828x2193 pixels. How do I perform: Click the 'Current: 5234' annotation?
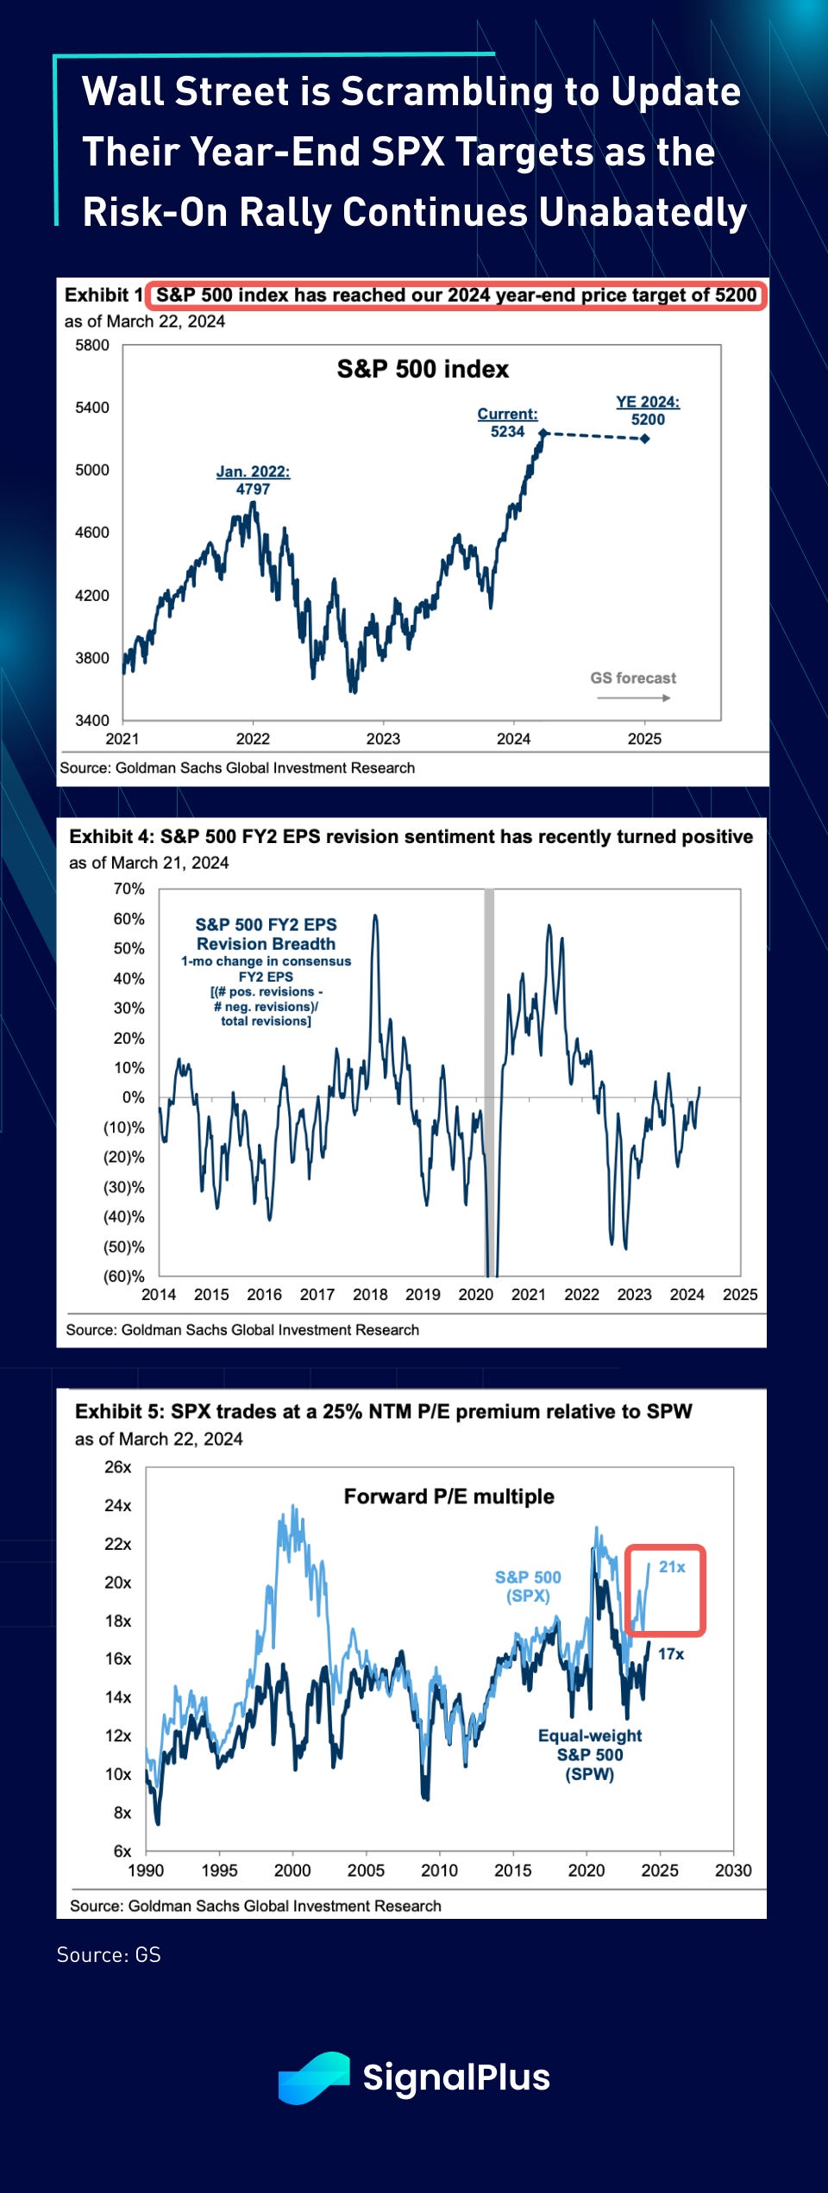click(507, 422)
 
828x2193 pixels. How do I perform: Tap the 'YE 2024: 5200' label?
click(648, 410)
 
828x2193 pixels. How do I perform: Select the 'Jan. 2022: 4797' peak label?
click(253, 480)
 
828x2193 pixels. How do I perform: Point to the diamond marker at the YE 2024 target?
click(645, 439)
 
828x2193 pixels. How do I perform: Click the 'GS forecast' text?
click(633, 678)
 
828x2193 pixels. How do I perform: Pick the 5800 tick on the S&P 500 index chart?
click(92, 346)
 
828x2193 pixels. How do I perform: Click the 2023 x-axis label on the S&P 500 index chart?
click(383, 739)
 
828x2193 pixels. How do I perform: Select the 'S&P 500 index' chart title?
click(423, 370)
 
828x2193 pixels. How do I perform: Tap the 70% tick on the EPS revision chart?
click(129, 889)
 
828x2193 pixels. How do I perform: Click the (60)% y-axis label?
click(124, 1277)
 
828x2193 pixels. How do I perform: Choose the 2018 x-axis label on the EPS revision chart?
click(370, 1295)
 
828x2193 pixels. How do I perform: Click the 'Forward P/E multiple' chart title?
click(448, 1496)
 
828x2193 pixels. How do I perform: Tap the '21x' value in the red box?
click(672, 1567)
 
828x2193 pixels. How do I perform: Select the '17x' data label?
click(671, 1654)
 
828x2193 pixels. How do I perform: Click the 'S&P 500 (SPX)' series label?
click(528, 1586)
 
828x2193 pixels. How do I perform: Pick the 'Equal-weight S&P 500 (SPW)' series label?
click(590, 1755)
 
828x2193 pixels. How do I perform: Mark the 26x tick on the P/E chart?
click(118, 1467)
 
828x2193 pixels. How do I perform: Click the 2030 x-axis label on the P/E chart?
click(733, 1871)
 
